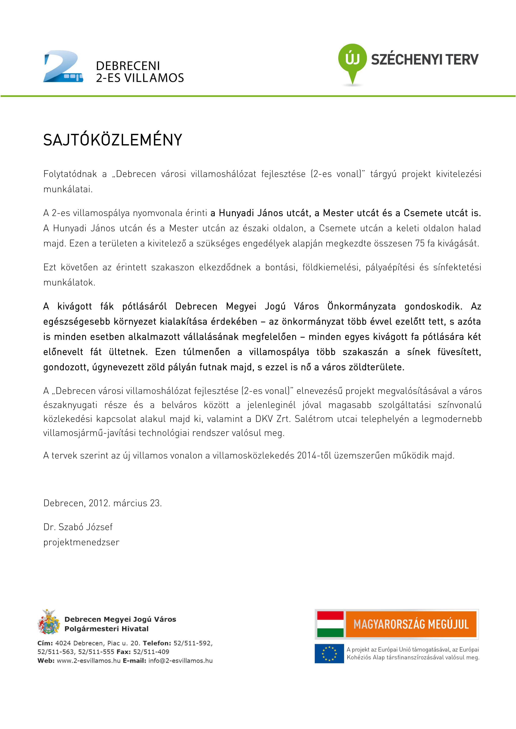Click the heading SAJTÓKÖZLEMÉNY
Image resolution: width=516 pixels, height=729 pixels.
[113, 140]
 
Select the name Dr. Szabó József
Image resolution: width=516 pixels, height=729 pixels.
[78, 527]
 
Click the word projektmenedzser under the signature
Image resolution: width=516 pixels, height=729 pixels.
[81, 542]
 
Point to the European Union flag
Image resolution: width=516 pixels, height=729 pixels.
[329, 653]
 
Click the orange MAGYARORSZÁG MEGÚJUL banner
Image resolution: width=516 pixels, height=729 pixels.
[411, 624]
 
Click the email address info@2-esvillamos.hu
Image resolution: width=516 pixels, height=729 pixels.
[180, 661]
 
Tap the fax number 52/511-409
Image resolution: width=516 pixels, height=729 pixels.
[151, 652]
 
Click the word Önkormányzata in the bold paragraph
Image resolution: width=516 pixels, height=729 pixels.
[362, 306]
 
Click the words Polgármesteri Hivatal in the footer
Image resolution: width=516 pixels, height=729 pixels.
[107, 629]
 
